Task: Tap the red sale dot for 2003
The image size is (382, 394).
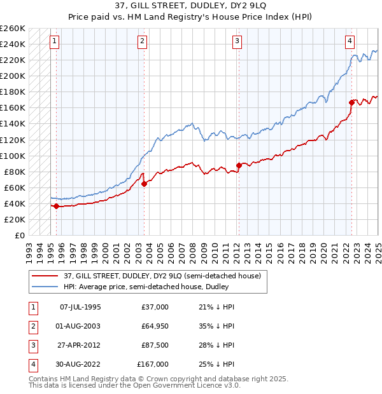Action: coord(144,184)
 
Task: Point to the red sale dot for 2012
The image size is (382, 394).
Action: coord(239,165)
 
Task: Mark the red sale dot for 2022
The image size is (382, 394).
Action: coord(351,102)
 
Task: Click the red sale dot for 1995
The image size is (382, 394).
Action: coord(56,206)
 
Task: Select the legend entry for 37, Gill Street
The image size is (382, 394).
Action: coord(166,276)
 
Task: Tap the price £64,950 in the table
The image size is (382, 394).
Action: coord(155,326)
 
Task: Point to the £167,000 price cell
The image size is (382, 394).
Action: coord(153,364)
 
